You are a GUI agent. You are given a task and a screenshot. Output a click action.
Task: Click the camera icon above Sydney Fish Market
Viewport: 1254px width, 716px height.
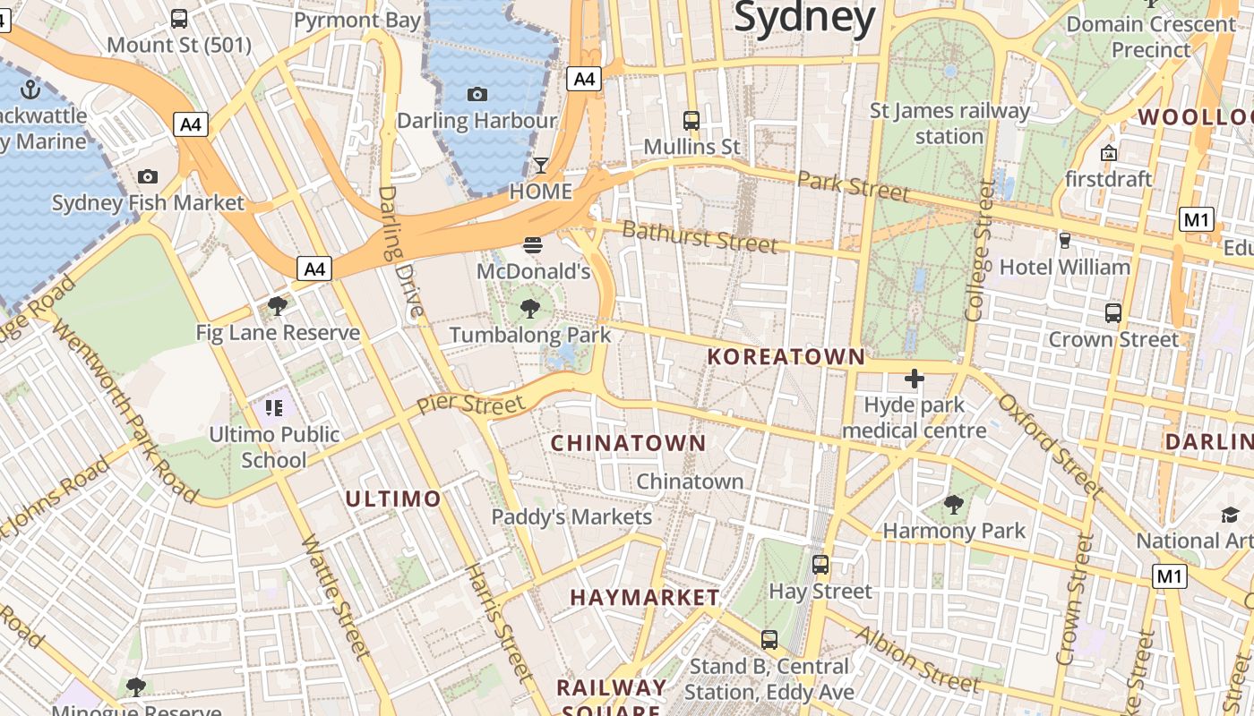(x=148, y=177)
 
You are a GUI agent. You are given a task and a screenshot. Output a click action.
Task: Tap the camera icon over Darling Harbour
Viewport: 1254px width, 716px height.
(x=477, y=94)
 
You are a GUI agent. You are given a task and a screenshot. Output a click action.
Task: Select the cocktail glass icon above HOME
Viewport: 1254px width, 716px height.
(x=541, y=166)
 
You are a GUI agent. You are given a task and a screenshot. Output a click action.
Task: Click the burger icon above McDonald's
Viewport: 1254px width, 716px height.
(x=533, y=245)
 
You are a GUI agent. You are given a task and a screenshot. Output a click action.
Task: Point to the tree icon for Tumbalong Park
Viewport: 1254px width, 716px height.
(x=529, y=310)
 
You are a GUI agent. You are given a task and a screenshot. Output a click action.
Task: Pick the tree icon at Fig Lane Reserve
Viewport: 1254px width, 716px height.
(x=278, y=307)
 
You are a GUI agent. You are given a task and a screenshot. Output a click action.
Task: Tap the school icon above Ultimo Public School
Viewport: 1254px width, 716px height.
(x=274, y=409)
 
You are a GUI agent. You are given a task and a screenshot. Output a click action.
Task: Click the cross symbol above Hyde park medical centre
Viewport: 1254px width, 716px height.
(x=915, y=379)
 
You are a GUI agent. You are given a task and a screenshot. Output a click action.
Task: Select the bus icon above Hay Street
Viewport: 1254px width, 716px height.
(x=820, y=565)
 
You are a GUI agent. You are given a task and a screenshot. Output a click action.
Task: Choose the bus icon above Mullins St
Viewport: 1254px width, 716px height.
(x=691, y=120)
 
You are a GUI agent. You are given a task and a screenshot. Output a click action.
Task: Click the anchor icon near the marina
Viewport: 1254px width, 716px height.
(x=31, y=89)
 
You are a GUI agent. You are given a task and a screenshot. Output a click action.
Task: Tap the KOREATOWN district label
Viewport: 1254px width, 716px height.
(x=786, y=357)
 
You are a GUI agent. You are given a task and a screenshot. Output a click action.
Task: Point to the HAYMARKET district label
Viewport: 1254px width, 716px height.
(x=645, y=597)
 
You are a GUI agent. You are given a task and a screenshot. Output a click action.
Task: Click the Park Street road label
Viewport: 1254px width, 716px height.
(x=853, y=186)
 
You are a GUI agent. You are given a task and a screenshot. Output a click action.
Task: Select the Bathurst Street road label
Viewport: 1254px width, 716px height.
(x=699, y=237)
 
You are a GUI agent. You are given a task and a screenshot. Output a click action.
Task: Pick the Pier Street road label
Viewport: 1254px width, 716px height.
(x=470, y=404)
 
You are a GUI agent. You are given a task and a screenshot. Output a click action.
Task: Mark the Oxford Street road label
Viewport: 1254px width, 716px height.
(x=1052, y=445)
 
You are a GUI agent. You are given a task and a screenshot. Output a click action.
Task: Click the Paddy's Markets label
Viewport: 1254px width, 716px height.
(x=571, y=517)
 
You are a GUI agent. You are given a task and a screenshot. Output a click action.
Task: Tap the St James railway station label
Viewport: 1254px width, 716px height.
(x=950, y=124)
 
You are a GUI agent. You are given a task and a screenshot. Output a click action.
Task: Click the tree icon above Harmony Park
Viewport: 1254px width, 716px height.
(x=955, y=505)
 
